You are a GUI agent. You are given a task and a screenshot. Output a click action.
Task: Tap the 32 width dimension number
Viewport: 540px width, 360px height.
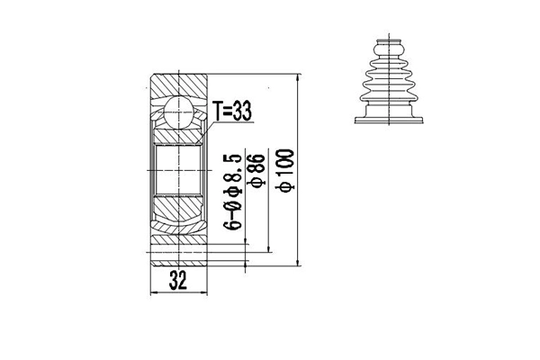[x=177, y=281]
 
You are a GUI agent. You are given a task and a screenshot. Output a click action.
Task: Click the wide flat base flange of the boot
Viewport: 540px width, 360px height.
[x=388, y=118]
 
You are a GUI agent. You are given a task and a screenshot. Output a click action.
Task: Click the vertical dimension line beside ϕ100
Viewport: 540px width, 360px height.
[x=298, y=171]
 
